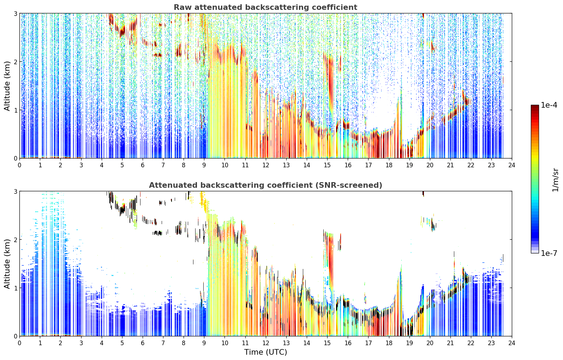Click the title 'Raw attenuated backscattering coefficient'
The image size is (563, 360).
265,7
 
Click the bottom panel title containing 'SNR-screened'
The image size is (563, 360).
265,185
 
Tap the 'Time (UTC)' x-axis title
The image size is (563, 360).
265,352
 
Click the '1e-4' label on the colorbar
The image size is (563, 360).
549,105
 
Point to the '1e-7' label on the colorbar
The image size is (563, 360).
549,253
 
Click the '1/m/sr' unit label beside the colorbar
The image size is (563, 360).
555,180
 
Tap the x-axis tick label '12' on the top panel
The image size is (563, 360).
266,165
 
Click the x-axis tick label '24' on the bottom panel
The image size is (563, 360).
512,343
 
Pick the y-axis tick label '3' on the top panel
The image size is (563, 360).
15,13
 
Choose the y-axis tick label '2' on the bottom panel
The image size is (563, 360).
15,240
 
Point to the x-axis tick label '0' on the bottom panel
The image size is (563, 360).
20,343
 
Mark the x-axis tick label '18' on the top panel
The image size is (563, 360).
389,165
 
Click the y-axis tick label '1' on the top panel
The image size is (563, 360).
15,110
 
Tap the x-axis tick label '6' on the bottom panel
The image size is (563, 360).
143,343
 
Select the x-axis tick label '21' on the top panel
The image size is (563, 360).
450,165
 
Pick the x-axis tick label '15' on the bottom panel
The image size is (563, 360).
327,343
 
